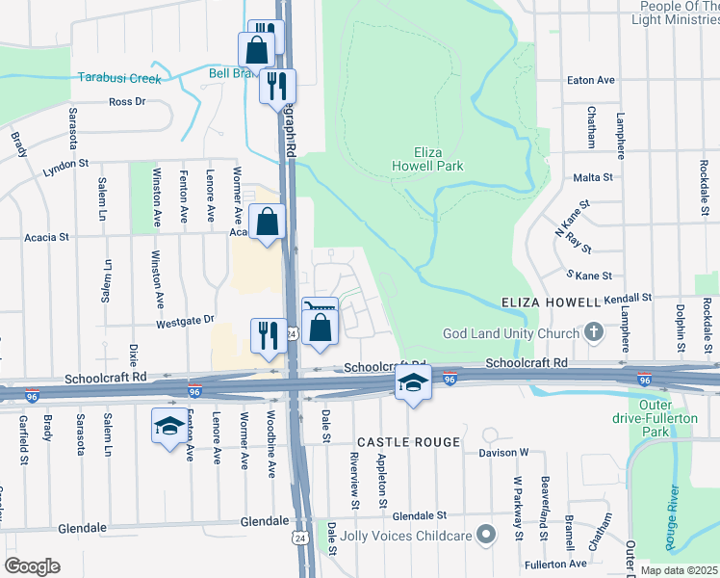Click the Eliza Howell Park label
[440, 159]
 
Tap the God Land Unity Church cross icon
[594, 332]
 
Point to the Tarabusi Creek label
[120, 78]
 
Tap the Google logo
[32, 565]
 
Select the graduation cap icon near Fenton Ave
[169, 426]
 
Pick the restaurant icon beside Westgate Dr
[267, 335]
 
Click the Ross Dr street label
[127, 101]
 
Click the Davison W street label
[498, 452]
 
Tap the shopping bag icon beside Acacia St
[268, 222]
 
